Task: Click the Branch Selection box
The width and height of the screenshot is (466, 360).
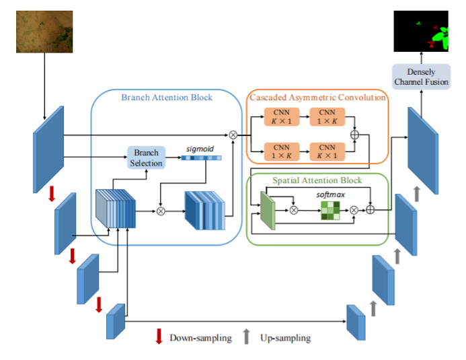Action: (146, 158)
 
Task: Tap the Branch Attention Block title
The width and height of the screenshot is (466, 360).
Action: (167, 97)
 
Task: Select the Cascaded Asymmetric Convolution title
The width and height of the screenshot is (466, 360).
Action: (317, 98)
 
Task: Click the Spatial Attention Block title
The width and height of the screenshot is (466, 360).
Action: (317, 180)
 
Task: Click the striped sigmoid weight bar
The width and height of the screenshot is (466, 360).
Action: (200, 159)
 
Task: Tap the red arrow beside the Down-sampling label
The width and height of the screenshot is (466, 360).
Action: (159, 336)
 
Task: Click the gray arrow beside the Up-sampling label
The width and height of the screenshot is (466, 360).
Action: (247, 336)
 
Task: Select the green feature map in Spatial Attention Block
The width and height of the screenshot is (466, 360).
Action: (268, 211)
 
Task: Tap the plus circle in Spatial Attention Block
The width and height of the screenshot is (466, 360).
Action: (371, 210)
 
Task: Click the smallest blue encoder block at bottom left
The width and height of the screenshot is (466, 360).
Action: (116, 322)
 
